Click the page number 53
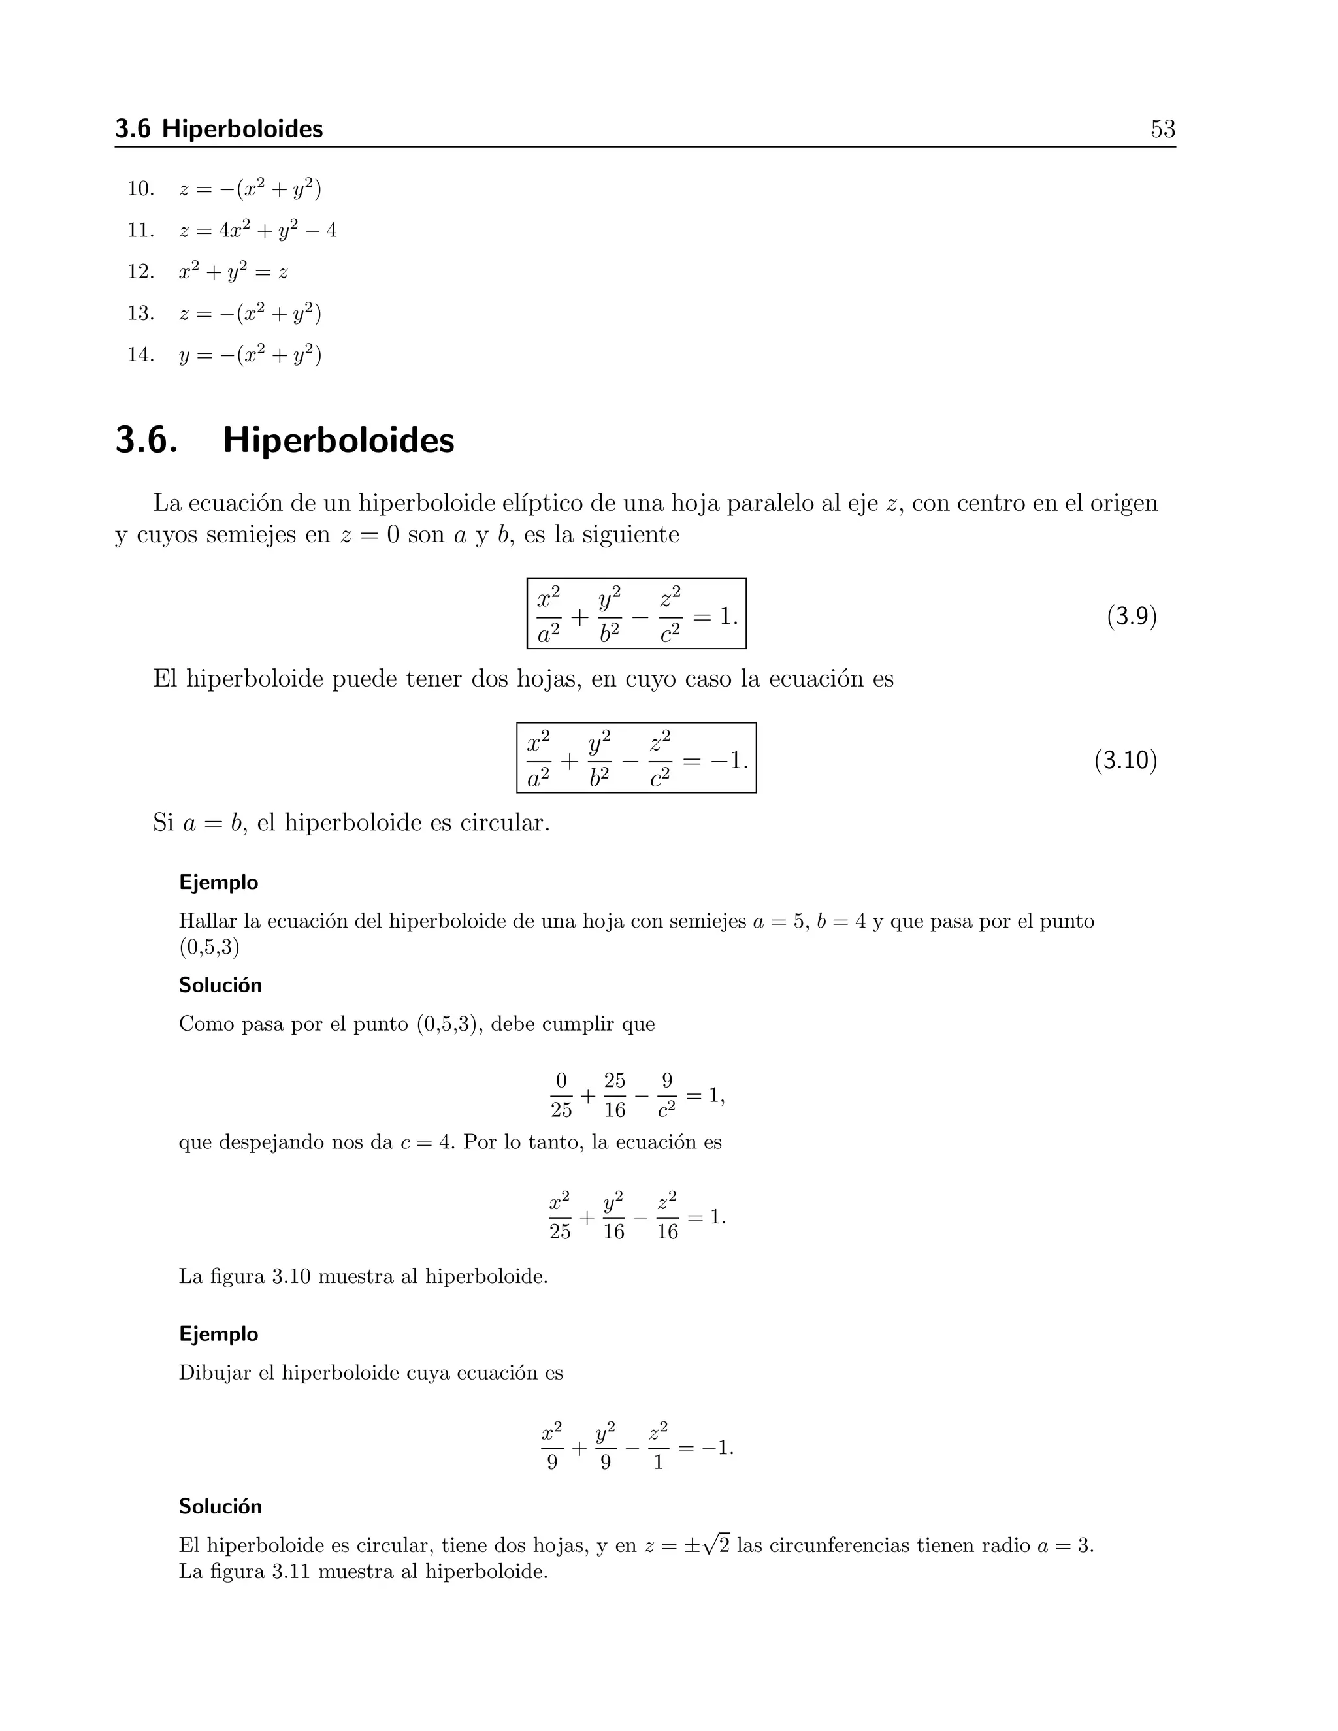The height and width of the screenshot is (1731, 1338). (x=1162, y=129)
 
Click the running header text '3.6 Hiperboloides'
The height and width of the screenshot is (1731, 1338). (x=219, y=129)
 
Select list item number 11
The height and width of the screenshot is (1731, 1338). (x=140, y=231)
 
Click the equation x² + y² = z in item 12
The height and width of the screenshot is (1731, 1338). (x=234, y=272)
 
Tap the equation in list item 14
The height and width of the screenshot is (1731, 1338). (x=250, y=354)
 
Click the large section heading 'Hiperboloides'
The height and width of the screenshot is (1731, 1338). (x=338, y=441)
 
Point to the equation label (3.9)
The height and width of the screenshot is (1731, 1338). (x=1131, y=616)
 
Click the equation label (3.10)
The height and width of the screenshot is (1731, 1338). (x=1125, y=760)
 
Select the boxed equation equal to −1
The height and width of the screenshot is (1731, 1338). (x=636, y=758)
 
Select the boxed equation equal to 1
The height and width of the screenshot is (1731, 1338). (x=636, y=614)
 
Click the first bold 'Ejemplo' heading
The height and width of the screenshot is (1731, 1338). (x=218, y=882)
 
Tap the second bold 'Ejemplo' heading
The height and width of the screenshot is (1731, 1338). (x=218, y=1334)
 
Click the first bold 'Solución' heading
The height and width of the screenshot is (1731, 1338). (x=220, y=985)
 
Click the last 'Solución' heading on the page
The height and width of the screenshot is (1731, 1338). (x=220, y=1507)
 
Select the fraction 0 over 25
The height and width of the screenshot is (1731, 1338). (x=561, y=1095)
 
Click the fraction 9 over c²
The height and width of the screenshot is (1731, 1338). (x=666, y=1095)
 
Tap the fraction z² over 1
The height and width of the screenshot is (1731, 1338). (x=658, y=1448)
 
